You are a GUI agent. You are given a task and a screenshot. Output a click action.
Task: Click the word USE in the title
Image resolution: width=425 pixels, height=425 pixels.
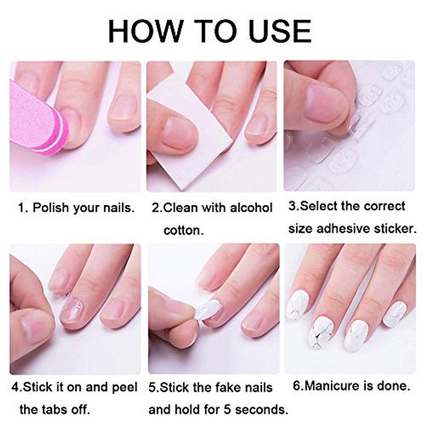[280, 31]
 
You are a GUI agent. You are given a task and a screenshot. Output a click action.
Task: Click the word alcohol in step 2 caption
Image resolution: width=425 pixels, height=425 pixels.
[251, 208]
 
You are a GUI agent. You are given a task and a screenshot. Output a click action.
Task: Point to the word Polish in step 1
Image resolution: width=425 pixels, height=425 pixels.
[50, 208]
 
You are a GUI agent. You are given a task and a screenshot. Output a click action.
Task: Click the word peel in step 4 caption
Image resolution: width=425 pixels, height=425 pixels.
[125, 387]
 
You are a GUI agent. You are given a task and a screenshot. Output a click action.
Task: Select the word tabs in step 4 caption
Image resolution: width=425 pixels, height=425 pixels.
[54, 410]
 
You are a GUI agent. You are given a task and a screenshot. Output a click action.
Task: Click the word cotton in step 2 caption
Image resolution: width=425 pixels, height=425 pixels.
[183, 231]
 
